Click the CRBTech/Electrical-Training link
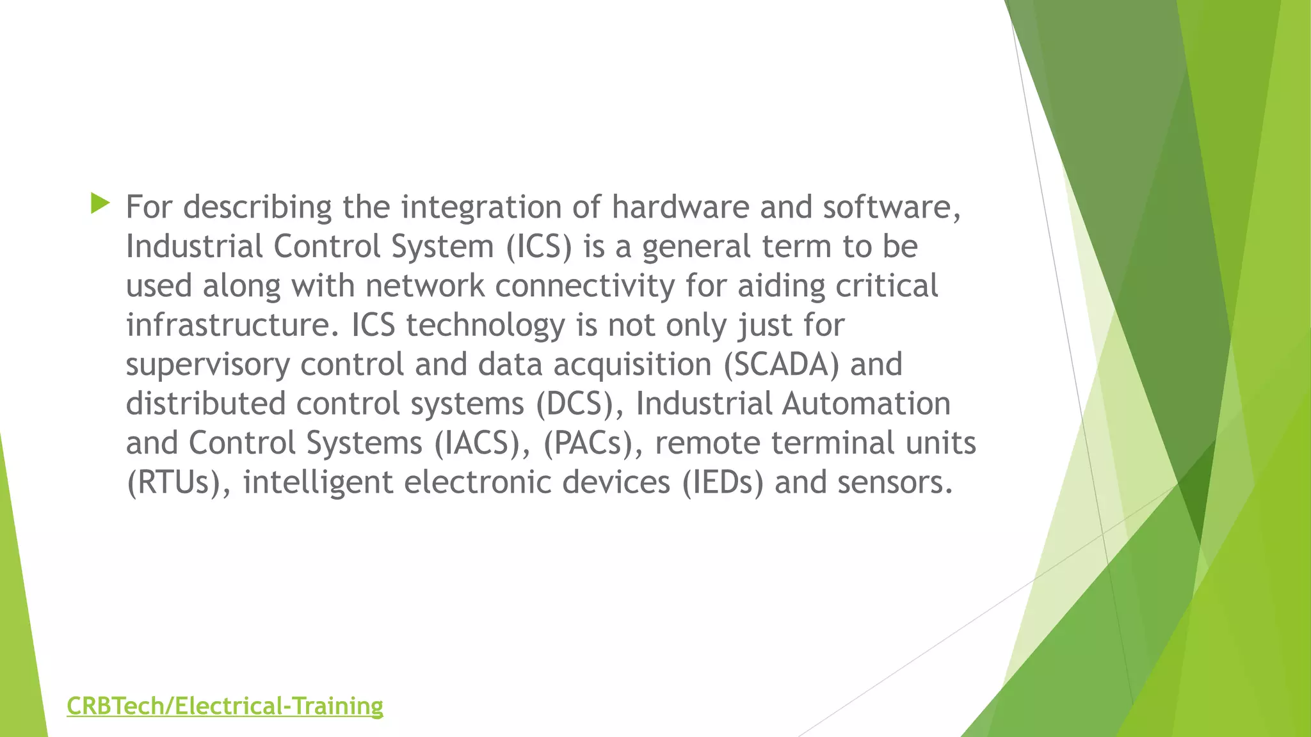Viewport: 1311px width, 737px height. point(225,706)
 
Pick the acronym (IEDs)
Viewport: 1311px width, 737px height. point(723,482)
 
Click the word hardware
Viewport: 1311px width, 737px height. point(680,207)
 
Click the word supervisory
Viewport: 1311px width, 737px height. point(207,365)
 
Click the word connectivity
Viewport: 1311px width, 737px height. point(584,286)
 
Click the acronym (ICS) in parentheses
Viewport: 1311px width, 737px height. point(538,247)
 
